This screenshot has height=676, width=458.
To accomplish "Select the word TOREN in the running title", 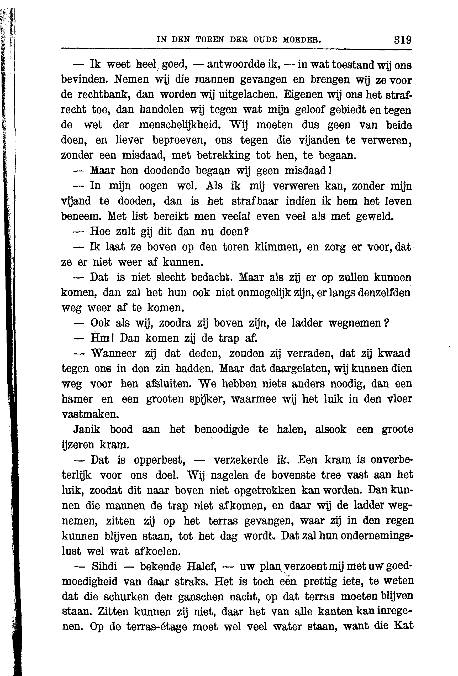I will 210,40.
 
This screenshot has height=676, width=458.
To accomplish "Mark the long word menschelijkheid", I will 180,125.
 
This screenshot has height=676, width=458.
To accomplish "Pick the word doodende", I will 167,170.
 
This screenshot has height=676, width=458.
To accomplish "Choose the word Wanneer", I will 113,353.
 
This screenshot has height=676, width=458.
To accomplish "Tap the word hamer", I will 77,399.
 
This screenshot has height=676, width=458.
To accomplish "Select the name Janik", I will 87,429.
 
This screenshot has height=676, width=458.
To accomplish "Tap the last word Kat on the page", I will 403,625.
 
